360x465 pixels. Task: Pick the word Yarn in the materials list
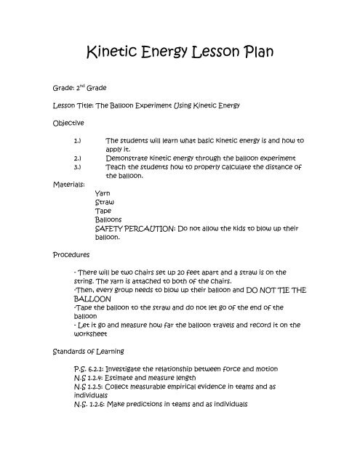(103, 195)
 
